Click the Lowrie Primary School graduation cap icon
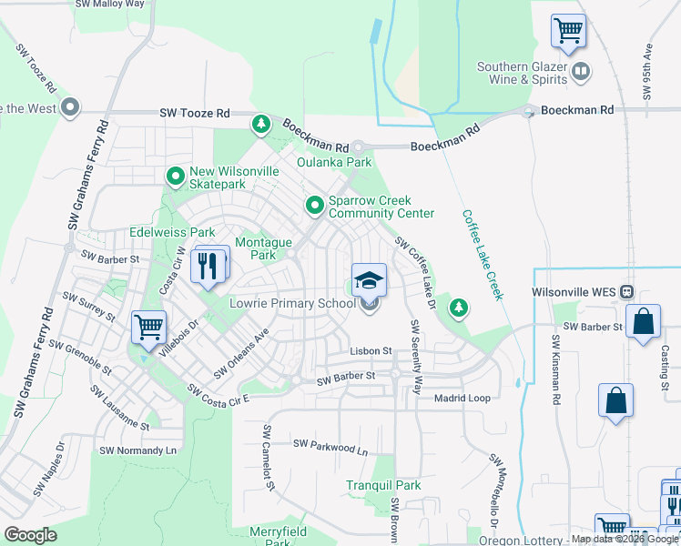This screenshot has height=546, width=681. [369, 280]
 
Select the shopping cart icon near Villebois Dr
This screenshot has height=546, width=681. [148, 327]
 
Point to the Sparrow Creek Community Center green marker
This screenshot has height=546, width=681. [315, 207]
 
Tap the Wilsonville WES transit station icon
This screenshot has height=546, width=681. [626, 293]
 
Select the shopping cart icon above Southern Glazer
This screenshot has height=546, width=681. [568, 31]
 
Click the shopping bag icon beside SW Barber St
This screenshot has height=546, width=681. [643, 321]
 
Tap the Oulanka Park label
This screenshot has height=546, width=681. [335, 162]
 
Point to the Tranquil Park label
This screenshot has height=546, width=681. [383, 486]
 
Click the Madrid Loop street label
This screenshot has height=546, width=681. [462, 399]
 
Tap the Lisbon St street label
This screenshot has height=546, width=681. [371, 350]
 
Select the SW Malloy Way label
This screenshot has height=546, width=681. [110, 5]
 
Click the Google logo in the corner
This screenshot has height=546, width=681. [31, 535]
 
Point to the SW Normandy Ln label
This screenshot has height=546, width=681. [137, 450]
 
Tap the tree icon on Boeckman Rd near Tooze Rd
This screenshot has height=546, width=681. [261, 123]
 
